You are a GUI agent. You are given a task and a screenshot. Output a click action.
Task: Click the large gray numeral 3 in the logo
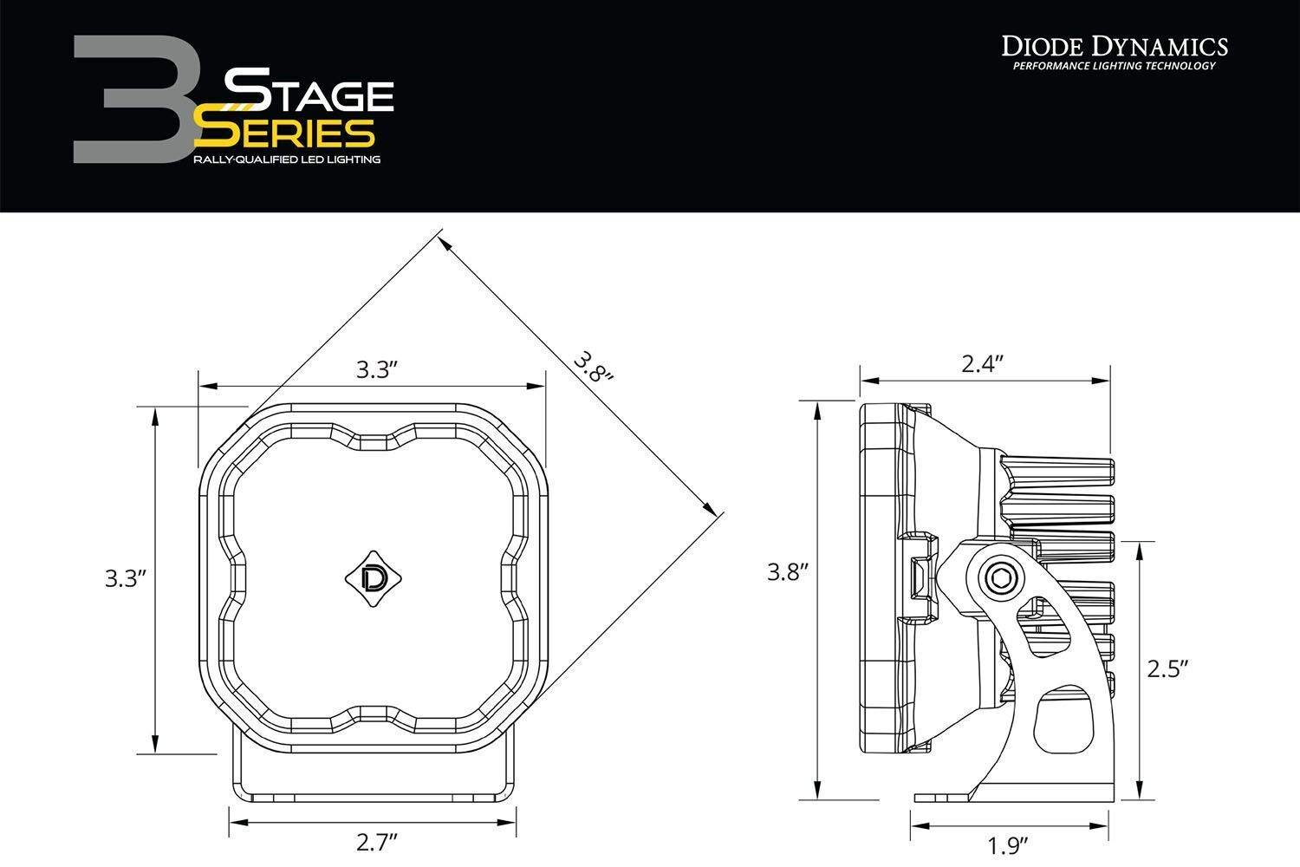(130, 100)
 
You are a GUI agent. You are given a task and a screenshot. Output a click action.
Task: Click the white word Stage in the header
(309, 90)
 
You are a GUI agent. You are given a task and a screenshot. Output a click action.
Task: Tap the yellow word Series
(284, 132)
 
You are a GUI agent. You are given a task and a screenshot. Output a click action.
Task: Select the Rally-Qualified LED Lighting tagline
(287, 160)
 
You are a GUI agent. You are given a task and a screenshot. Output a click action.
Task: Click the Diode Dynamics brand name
(1115, 46)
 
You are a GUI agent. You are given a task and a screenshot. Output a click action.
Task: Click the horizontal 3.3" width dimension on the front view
(376, 370)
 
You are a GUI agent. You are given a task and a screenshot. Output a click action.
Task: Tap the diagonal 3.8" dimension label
(593, 366)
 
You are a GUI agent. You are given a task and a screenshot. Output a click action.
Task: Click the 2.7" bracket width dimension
(376, 842)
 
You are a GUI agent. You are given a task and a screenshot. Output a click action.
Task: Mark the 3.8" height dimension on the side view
(787, 571)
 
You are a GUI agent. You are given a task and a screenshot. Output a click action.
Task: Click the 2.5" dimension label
(1167, 668)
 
